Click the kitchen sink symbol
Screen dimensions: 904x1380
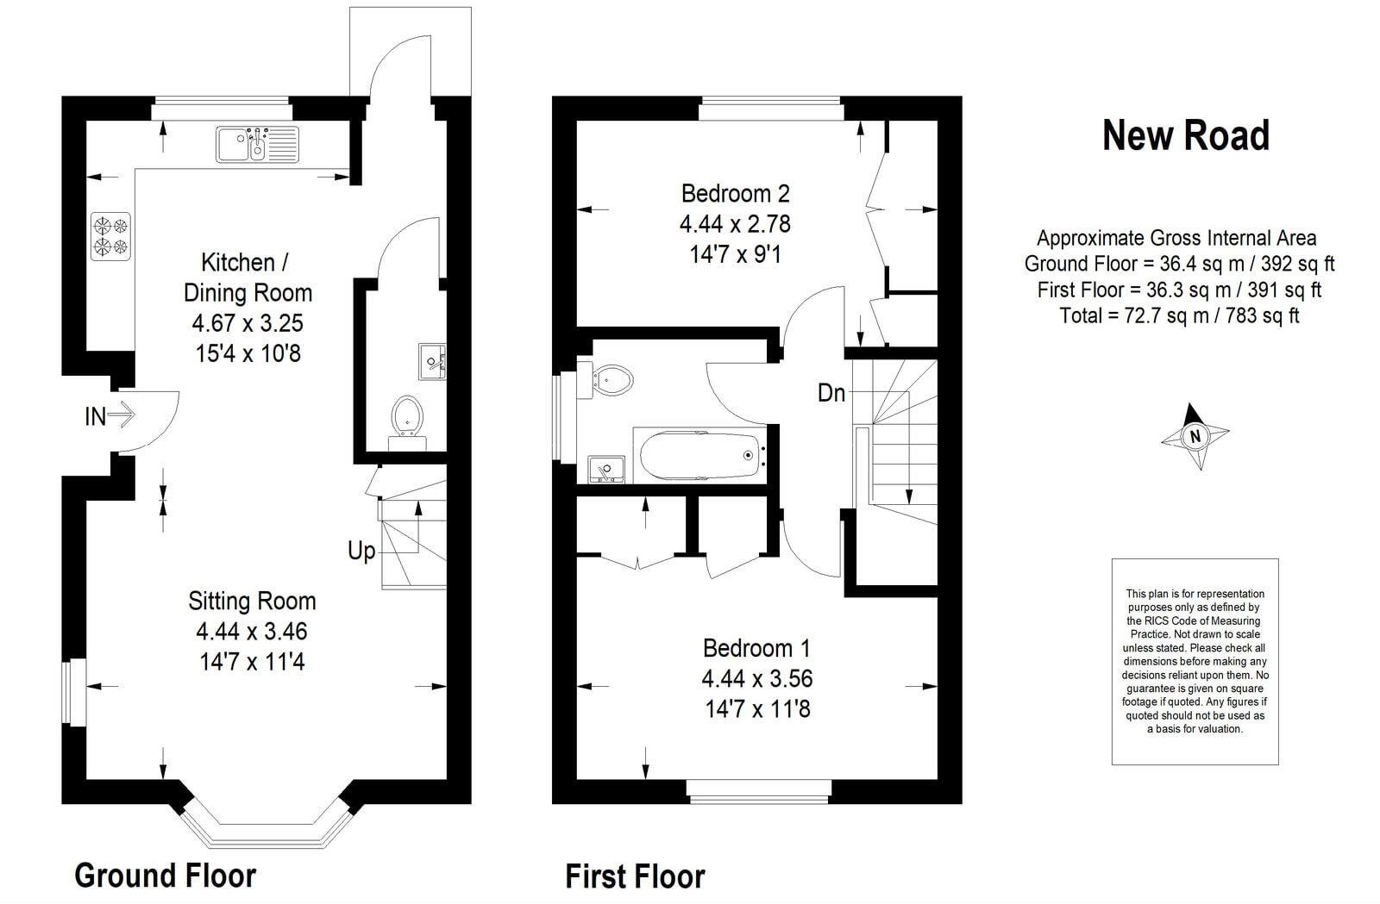pyautogui.click(x=257, y=144)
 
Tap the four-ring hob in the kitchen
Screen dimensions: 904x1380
pyautogui.click(x=110, y=236)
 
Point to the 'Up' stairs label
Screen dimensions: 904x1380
pyautogui.click(x=361, y=551)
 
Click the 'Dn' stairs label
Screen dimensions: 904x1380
pyautogui.click(x=831, y=393)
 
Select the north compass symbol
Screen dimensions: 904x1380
pyautogui.click(x=1195, y=435)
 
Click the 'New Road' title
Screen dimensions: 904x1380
pyautogui.click(x=1186, y=136)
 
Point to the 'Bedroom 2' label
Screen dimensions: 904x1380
pyautogui.click(x=735, y=193)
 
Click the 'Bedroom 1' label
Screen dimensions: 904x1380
pyautogui.click(x=756, y=648)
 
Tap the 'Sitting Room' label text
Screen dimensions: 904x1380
pyautogui.click(x=252, y=601)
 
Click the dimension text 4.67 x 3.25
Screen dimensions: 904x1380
pyautogui.click(x=248, y=323)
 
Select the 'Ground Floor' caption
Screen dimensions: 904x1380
pyautogui.click(x=166, y=875)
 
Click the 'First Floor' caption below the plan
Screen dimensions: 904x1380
pyautogui.click(x=635, y=876)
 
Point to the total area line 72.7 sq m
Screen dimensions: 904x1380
pyautogui.click(x=1179, y=315)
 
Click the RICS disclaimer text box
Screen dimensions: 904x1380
pyautogui.click(x=1195, y=661)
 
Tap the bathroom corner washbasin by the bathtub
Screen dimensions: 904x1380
pyautogui.click(x=605, y=469)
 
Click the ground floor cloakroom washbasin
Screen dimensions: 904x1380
pyautogui.click(x=431, y=360)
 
